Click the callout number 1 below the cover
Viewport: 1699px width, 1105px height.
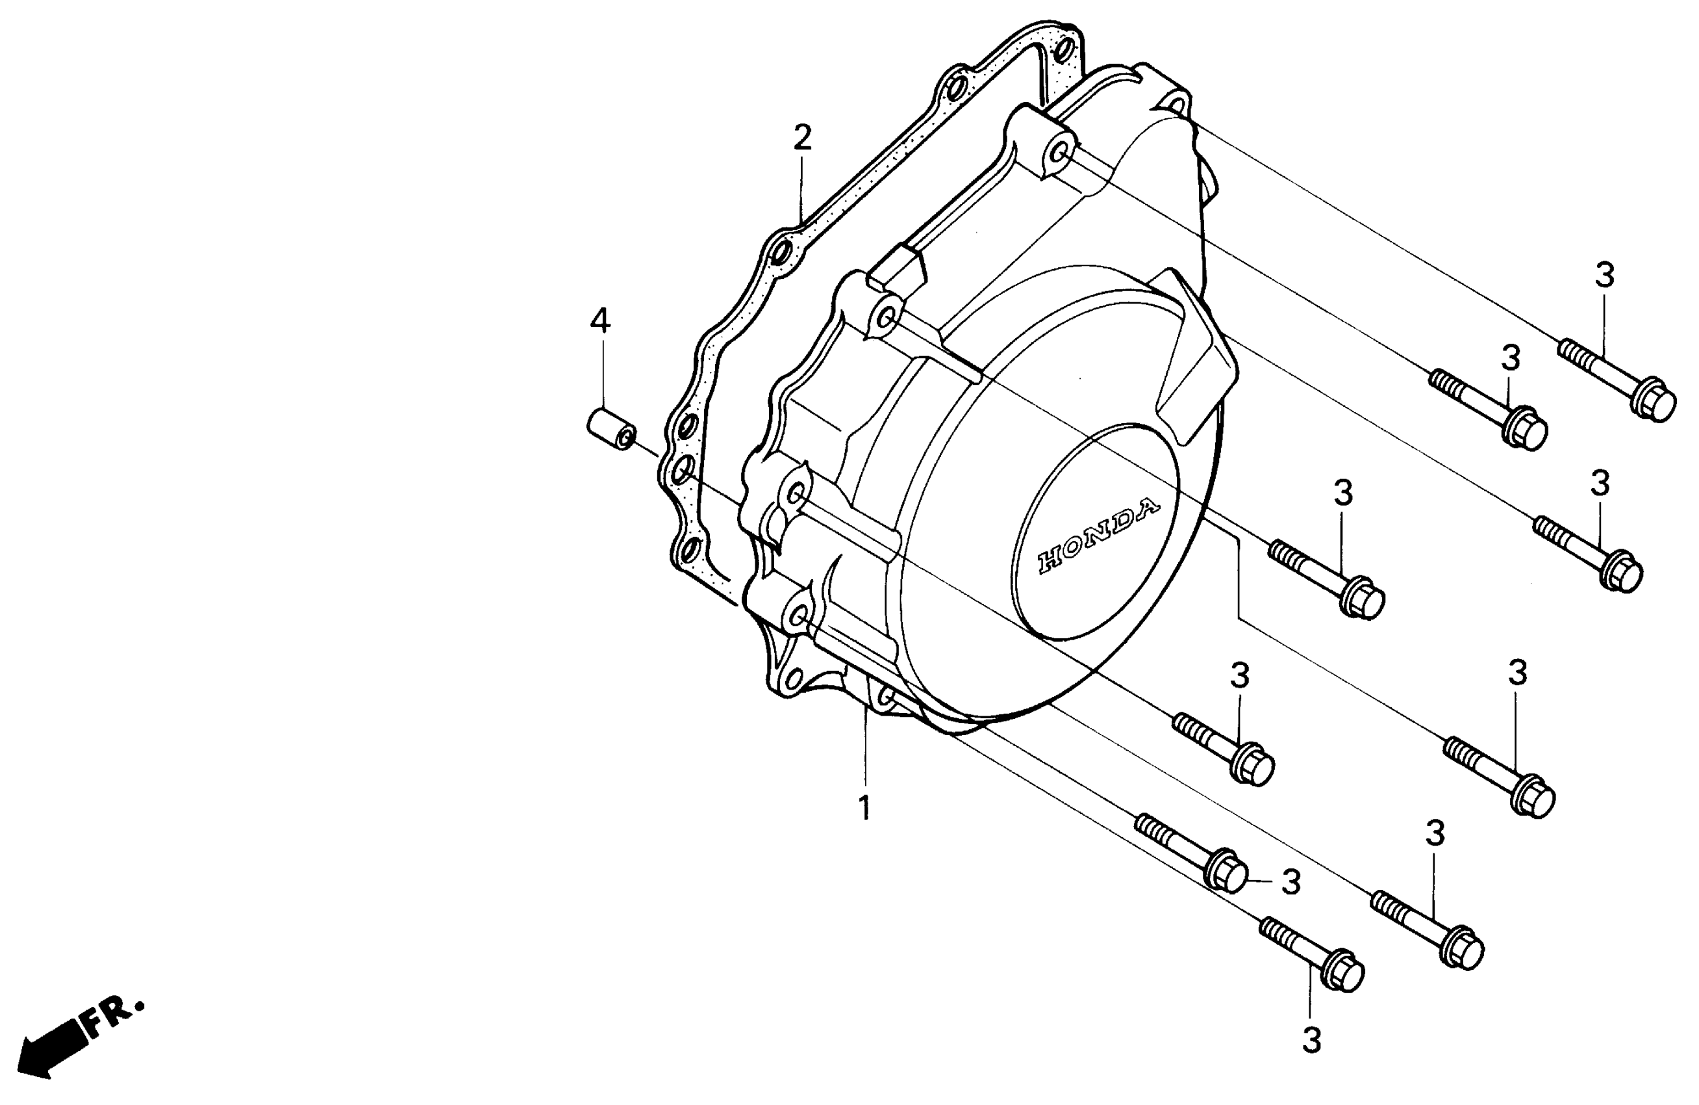[864, 809]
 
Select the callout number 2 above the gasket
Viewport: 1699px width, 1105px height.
[802, 137]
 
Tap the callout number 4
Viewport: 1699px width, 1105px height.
[600, 322]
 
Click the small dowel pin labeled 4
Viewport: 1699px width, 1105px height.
[611, 428]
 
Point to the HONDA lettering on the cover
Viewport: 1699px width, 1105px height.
[1098, 536]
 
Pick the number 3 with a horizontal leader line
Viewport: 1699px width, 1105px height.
[1290, 883]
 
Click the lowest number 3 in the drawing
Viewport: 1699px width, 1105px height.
[1311, 1041]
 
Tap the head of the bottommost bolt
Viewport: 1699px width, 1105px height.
[1344, 974]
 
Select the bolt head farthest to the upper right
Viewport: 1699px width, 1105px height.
[1656, 406]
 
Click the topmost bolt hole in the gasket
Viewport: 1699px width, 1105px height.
[1063, 50]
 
